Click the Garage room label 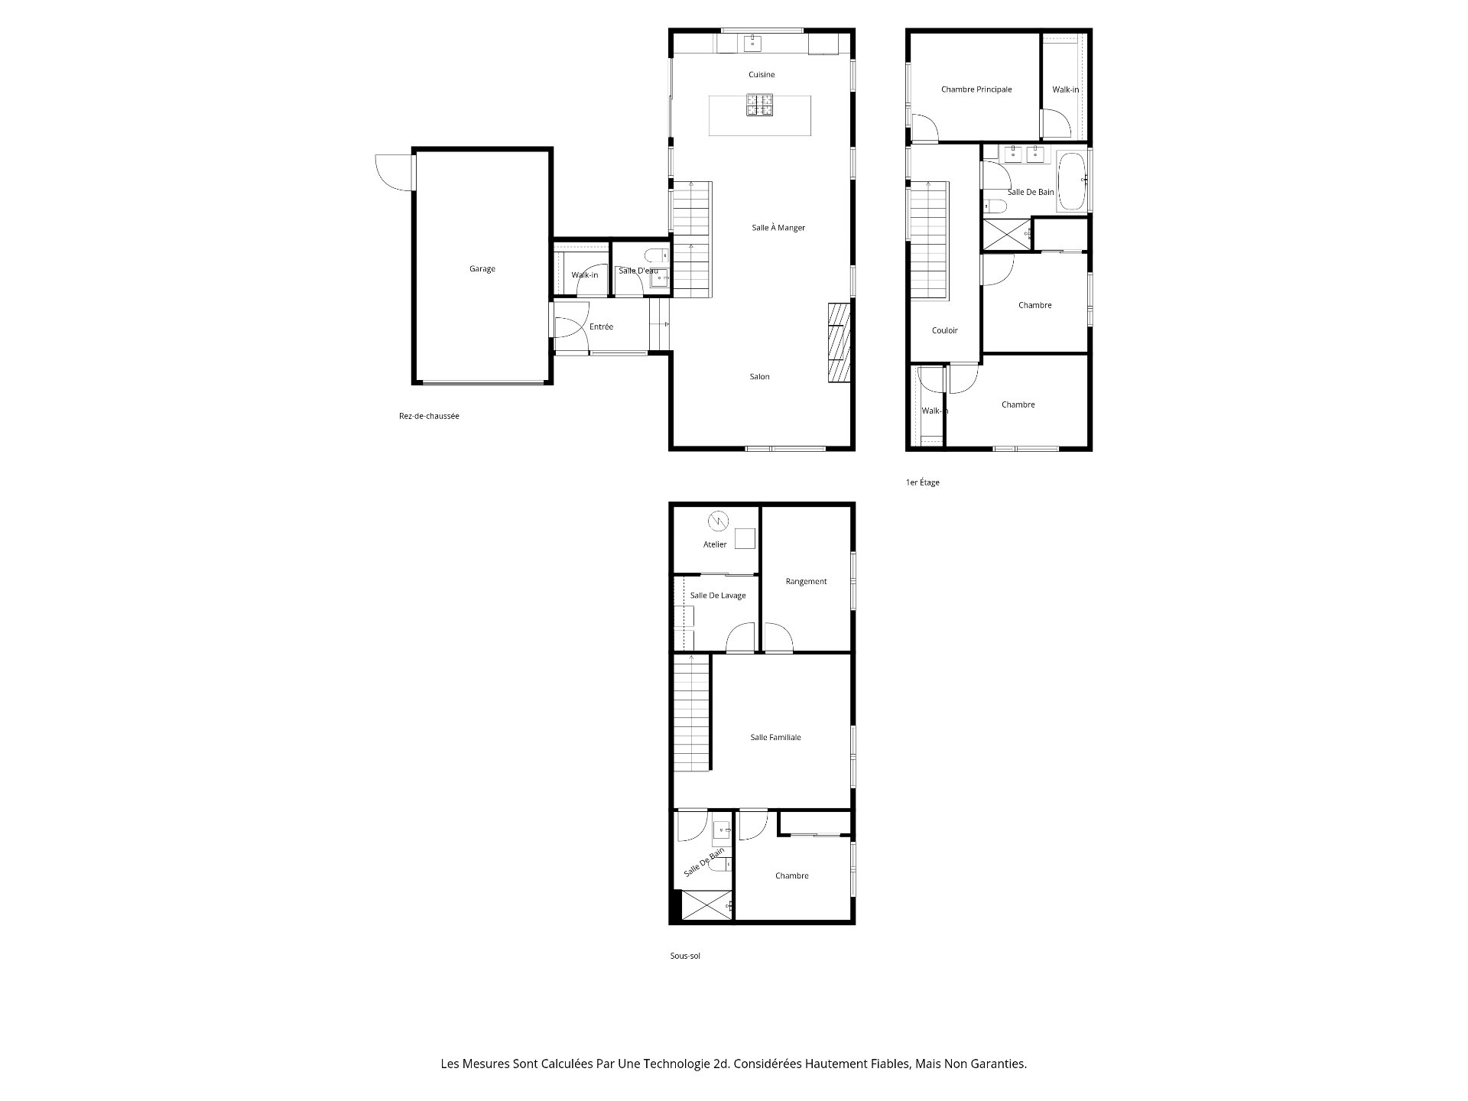pyautogui.click(x=482, y=269)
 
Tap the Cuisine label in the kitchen pyautogui.click(x=762, y=75)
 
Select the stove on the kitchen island pyautogui.click(x=760, y=105)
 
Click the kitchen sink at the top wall pyautogui.click(x=753, y=43)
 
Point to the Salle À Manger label pyautogui.click(x=778, y=228)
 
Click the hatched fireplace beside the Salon pyautogui.click(x=839, y=342)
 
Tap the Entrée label pyautogui.click(x=602, y=327)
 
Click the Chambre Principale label pyautogui.click(x=976, y=89)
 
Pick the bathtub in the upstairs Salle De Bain pyautogui.click(x=1071, y=181)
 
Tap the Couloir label pyautogui.click(x=945, y=330)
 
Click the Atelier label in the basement pyautogui.click(x=715, y=545)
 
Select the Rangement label pyautogui.click(x=806, y=582)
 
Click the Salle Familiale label pyautogui.click(x=775, y=738)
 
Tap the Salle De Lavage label pyautogui.click(x=718, y=596)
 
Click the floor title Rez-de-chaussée pyautogui.click(x=429, y=417)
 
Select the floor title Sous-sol pyautogui.click(x=685, y=956)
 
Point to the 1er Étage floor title pyautogui.click(x=923, y=483)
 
